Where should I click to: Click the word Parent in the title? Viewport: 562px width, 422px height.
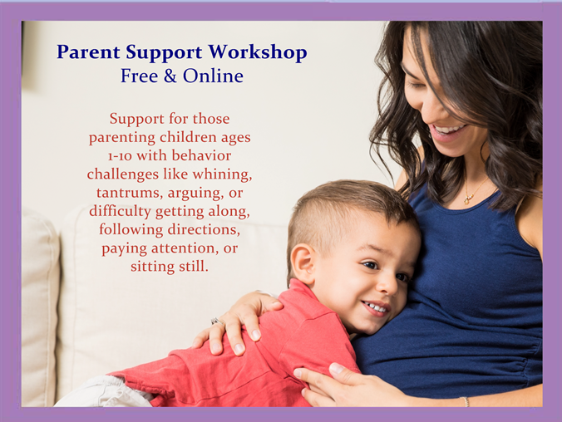88,52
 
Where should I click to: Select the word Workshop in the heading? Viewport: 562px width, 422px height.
258,52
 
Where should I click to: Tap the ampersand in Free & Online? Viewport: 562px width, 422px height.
170,76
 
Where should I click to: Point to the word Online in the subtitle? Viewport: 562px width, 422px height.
213,76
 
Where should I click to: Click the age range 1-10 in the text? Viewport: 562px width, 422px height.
120,156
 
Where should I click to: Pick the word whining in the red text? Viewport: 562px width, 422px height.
222,174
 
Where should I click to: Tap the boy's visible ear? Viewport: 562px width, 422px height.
302,263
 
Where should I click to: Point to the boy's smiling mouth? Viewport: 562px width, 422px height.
376,307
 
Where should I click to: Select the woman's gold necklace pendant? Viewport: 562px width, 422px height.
467,198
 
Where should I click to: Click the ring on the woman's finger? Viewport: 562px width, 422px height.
218,321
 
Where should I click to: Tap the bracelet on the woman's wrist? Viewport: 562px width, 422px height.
466,401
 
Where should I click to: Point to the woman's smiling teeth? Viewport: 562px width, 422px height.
450,129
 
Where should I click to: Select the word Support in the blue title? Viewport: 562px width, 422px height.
164,53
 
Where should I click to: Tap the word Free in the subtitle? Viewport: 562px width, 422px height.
139,76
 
